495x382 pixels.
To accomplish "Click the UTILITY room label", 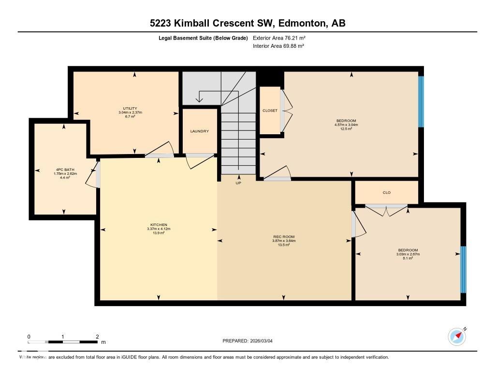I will (x=130, y=108).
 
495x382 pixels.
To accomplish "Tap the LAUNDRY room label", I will (x=200, y=131).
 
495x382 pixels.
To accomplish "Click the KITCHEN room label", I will (x=159, y=225).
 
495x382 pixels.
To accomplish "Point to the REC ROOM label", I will (x=284, y=237).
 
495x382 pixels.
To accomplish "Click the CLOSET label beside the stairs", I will (x=270, y=111).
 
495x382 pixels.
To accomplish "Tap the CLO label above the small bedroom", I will (x=386, y=193).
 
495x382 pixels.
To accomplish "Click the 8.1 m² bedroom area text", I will (x=408, y=258).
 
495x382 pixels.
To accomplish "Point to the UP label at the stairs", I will (x=238, y=183).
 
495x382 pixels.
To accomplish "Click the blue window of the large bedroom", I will (x=421, y=101).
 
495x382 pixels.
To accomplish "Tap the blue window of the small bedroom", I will (x=463, y=269).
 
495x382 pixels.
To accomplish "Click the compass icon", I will (x=457, y=336).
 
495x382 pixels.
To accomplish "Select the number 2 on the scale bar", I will (x=97, y=337).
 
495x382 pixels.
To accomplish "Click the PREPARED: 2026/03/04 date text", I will (x=250, y=341).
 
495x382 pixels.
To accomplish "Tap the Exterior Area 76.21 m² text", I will (x=279, y=38).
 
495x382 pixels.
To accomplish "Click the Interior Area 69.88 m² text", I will (x=278, y=46).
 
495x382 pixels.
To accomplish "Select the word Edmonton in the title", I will (x=303, y=23).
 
